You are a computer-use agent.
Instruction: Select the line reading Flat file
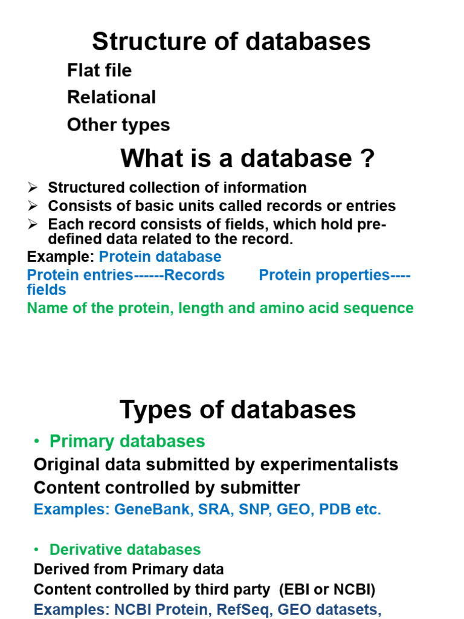[99, 71]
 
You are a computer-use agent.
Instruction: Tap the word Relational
[111, 97]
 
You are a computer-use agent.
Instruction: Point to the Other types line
[118, 125]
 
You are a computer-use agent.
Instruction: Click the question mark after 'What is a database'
[367, 159]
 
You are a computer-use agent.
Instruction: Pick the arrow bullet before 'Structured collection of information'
[33, 188]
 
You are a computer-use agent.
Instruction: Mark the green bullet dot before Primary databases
[38, 442]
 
